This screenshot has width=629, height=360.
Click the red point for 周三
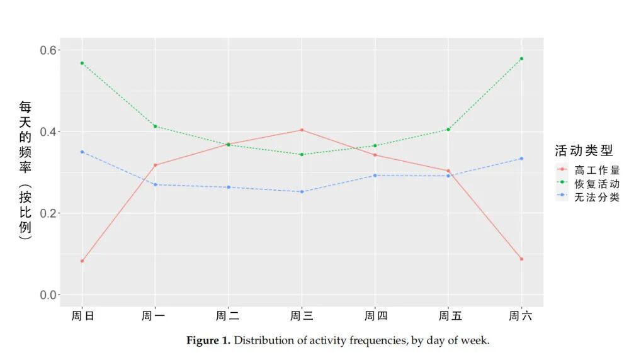(x=302, y=130)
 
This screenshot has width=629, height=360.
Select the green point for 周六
(x=521, y=59)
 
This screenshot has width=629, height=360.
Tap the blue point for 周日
(x=82, y=152)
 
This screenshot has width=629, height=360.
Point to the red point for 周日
(x=82, y=261)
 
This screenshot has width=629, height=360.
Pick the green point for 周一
(x=156, y=127)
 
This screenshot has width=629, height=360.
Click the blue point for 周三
(x=302, y=191)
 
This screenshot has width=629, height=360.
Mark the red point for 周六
(x=521, y=259)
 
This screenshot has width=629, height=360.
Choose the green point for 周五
(x=448, y=130)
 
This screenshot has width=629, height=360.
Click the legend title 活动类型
(x=584, y=151)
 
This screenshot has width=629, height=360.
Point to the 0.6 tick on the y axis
(x=48, y=50)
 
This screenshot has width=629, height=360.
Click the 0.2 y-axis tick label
(x=48, y=213)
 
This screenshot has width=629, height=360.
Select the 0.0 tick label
(x=48, y=295)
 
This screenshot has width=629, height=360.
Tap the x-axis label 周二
(x=228, y=316)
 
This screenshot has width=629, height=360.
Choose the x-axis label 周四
(x=376, y=316)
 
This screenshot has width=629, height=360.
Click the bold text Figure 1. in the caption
(x=208, y=340)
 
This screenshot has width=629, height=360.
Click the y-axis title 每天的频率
(x=25, y=137)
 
